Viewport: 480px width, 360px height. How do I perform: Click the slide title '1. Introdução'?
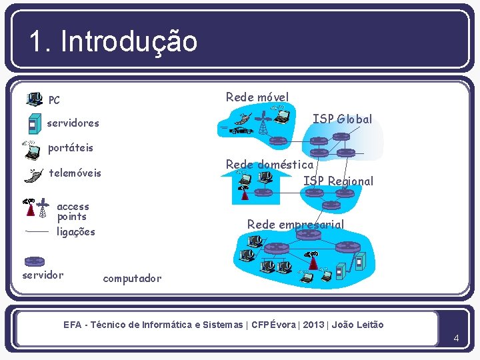point(113,41)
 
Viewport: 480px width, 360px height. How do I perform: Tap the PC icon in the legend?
point(33,100)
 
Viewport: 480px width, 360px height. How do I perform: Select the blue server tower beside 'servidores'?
point(32,123)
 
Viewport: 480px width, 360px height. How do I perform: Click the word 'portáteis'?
point(71,147)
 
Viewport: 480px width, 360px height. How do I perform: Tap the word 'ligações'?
point(76,232)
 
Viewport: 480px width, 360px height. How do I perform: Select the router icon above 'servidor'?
point(33,261)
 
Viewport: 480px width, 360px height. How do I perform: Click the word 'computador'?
point(132,278)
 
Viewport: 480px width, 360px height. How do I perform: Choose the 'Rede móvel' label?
point(257,97)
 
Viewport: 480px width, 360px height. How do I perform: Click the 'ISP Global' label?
point(343,119)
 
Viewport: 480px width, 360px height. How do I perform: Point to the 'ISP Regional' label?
point(338,181)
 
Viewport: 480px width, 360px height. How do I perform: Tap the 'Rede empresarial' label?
point(295,225)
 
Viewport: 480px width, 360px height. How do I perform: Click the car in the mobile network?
point(239,130)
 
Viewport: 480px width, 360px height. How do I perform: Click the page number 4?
point(456,338)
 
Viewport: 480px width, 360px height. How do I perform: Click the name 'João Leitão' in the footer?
point(358,325)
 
